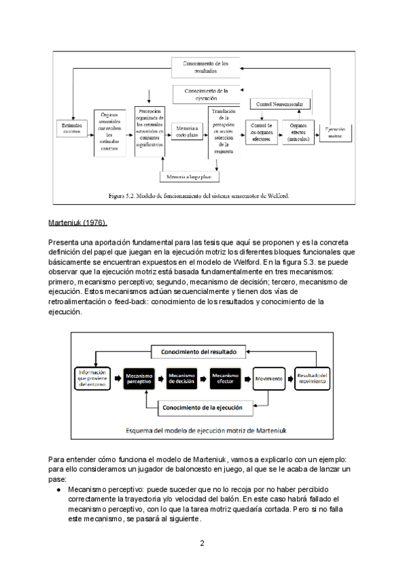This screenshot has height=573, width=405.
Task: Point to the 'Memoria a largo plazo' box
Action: pos(190,176)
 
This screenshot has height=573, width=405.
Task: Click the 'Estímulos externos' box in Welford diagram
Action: pos(70,128)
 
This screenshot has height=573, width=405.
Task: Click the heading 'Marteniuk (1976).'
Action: pos(78,223)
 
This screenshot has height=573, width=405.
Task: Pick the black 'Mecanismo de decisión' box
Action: pos(182,379)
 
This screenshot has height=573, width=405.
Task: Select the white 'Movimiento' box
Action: pos(269,379)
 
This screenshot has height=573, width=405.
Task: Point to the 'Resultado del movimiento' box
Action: pos(312,379)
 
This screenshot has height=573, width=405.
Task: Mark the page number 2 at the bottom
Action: pos(202,543)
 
